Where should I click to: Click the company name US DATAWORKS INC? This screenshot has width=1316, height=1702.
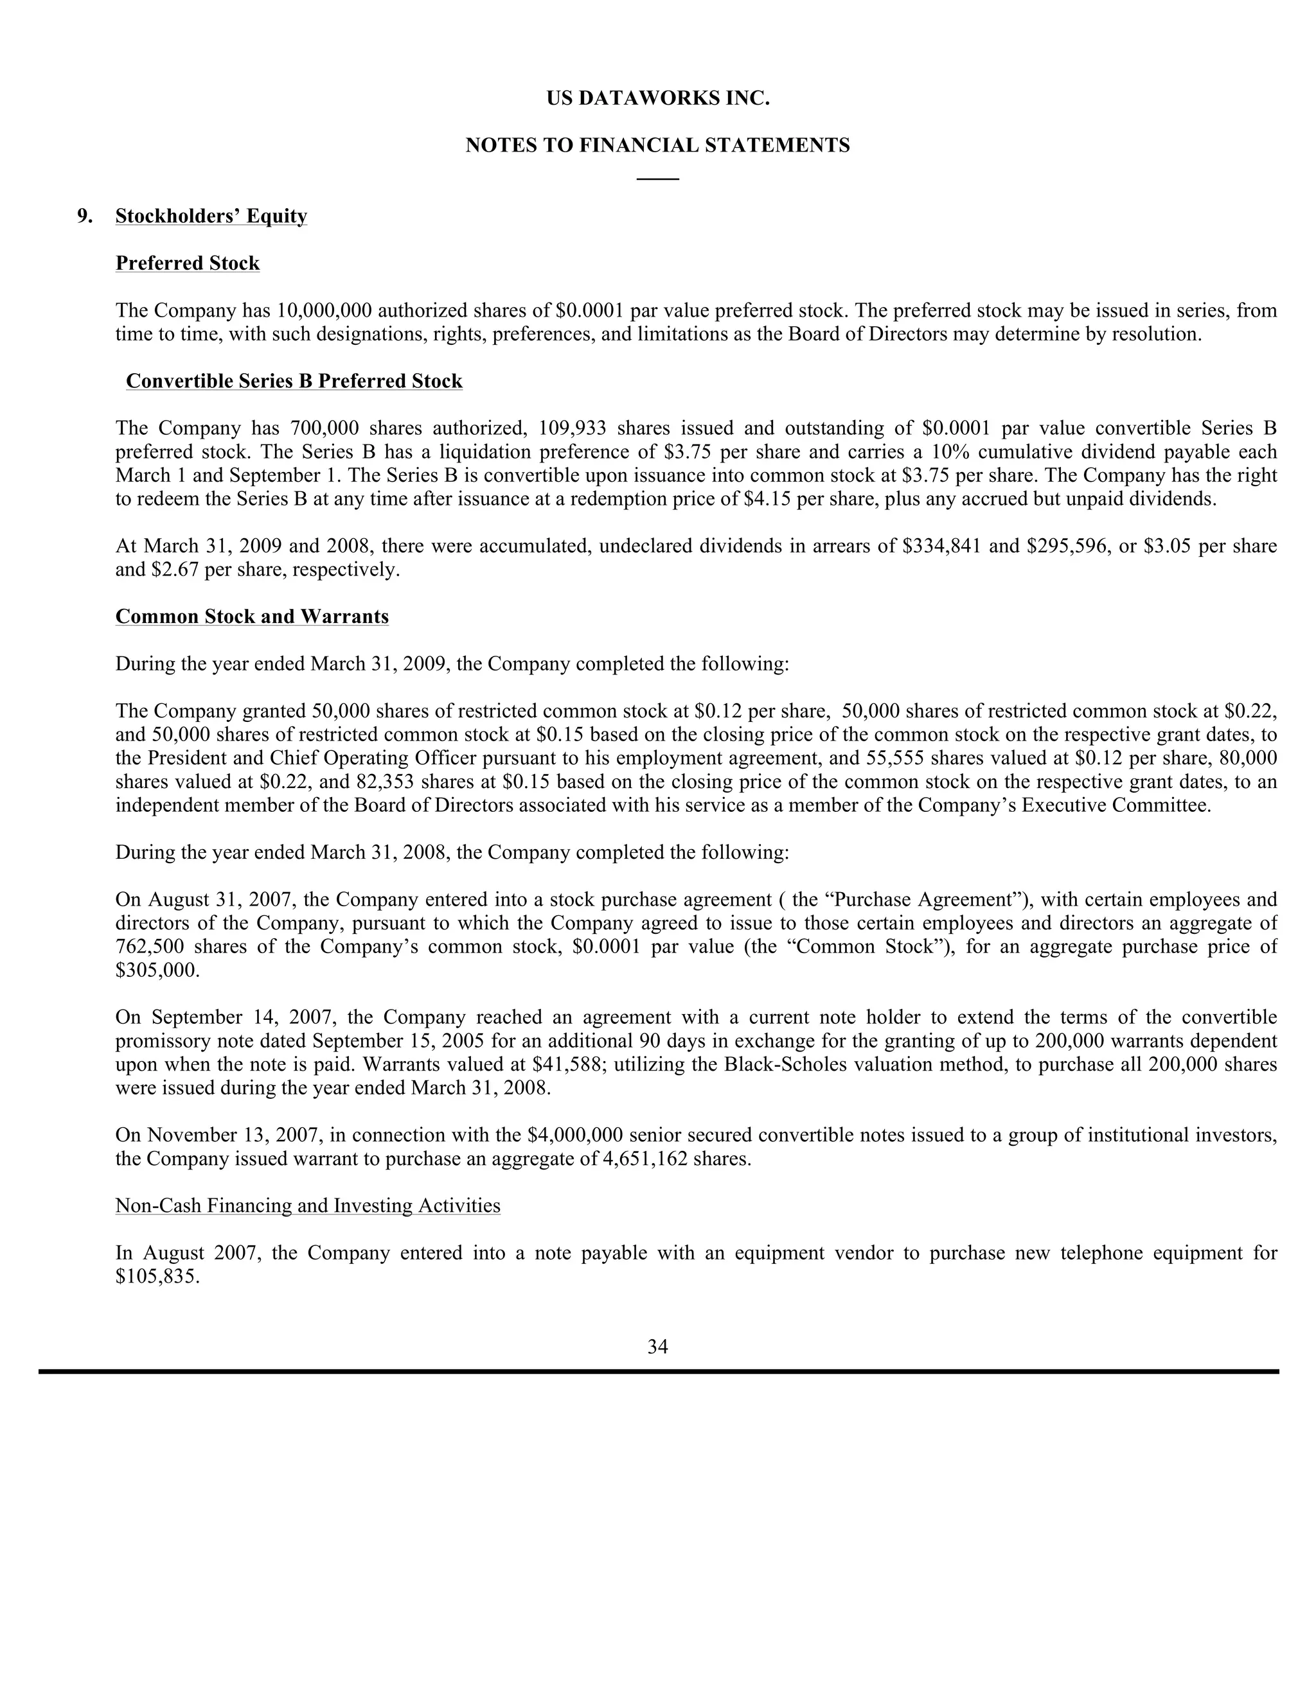coord(657,99)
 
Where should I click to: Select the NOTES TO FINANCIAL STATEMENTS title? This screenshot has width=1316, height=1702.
coord(657,146)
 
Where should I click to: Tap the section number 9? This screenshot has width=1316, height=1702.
coord(84,216)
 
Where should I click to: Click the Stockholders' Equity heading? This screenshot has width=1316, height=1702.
coord(211,216)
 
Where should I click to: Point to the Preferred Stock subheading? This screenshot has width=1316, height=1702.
coord(187,263)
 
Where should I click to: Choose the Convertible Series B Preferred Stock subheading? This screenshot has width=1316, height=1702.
coord(294,381)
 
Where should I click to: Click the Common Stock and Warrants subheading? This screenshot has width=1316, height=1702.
coord(252,617)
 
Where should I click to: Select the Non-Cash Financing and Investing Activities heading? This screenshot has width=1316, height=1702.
coord(308,1206)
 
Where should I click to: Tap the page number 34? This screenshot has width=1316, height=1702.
coord(657,1347)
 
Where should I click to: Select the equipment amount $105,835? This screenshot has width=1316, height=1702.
coord(157,1277)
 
